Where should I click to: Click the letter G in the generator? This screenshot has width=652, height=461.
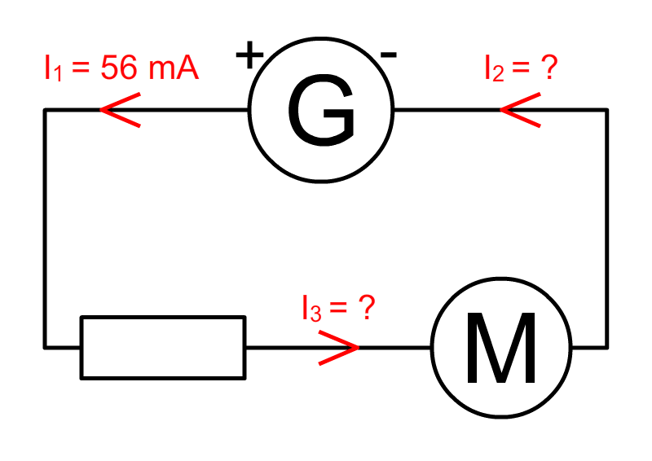pos(321,112)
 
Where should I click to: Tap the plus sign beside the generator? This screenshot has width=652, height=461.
pos(250,56)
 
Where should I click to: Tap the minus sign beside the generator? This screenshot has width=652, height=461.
pos(389,55)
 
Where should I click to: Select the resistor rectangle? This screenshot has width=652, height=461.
pos(162,348)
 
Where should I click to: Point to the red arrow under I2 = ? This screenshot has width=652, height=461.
pos(519,110)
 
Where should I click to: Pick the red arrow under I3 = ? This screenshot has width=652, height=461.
pos(338,348)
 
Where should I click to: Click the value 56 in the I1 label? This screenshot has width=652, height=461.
pos(119,68)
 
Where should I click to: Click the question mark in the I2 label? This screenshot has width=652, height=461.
pos(548,68)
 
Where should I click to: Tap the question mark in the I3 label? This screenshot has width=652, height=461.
pos(366,308)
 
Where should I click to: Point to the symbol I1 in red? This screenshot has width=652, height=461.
pos(52,69)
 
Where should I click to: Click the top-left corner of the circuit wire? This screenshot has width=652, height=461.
pos(45,110)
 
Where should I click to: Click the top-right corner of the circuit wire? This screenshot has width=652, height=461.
pos(606,110)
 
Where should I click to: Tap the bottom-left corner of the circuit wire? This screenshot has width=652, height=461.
pos(45,348)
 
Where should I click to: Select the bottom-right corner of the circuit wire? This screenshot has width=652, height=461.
pos(606,348)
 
